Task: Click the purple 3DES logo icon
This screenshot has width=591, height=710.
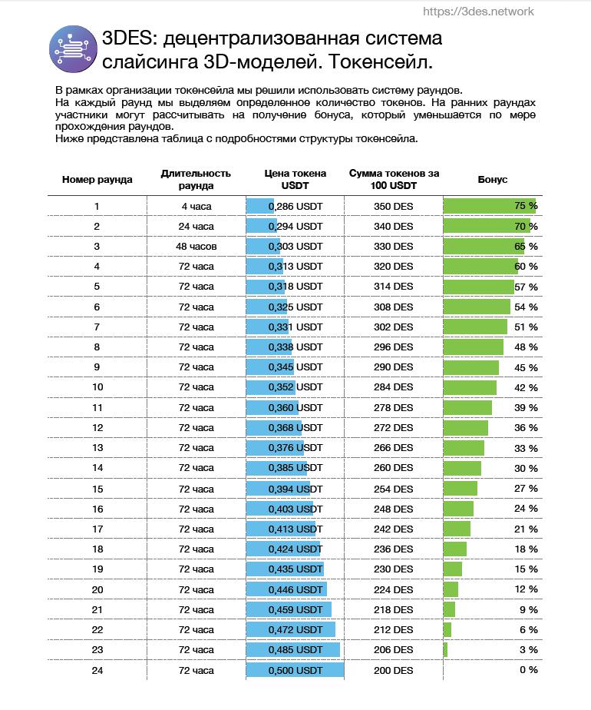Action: [x=73, y=49]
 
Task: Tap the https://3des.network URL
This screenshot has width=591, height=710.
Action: [x=478, y=12]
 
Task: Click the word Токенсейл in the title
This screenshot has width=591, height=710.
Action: [x=380, y=61]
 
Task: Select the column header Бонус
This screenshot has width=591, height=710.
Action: [x=493, y=179]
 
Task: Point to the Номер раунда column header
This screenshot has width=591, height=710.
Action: [x=97, y=179]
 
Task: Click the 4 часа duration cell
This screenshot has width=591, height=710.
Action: [x=196, y=207]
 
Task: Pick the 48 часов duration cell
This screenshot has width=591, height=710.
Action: [x=196, y=247]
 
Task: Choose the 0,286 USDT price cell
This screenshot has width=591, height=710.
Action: [x=295, y=207]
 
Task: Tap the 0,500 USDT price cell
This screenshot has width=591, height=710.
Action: [x=295, y=670]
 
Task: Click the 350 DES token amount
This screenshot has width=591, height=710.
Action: [x=394, y=207]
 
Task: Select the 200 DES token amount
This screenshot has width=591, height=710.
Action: [x=394, y=670]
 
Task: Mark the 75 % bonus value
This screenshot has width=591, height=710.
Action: [x=526, y=206]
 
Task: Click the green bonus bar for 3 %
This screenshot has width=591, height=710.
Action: [x=445, y=650]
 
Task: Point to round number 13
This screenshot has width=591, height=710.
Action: [x=97, y=448]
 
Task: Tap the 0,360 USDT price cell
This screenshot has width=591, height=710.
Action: [x=295, y=407]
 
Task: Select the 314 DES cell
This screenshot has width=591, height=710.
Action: [x=394, y=286]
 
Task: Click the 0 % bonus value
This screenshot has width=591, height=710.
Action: [x=529, y=670]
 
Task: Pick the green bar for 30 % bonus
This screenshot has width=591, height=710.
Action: [x=462, y=468]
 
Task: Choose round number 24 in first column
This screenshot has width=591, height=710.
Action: [x=97, y=670]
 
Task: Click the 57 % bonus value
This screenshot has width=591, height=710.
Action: [x=526, y=287]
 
